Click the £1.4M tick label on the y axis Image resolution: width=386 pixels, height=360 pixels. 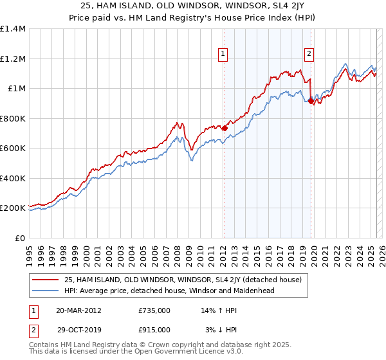(13, 29)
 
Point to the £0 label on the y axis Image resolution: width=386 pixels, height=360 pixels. (20, 238)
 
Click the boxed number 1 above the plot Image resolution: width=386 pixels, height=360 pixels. (223, 54)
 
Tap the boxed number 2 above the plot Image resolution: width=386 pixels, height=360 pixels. (309, 54)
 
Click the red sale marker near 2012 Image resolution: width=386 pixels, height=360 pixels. (225, 128)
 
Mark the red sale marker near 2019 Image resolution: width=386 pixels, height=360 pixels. (311, 101)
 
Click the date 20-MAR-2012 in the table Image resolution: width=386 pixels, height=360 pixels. (78, 310)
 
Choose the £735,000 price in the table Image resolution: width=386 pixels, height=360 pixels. (154, 310)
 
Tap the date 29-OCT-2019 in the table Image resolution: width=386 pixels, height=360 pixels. (78, 330)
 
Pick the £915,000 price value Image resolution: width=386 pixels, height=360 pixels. (154, 330)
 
